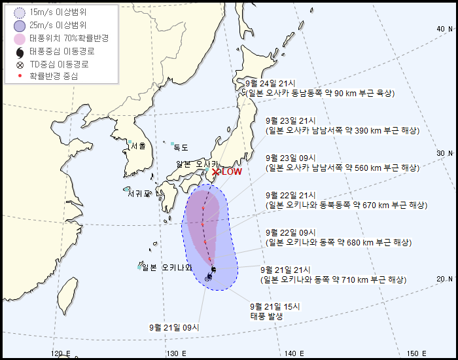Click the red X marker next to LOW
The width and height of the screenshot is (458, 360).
click(x=215, y=171)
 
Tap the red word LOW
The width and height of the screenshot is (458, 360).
click(x=232, y=171)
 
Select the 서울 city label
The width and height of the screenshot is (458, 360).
click(x=138, y=146)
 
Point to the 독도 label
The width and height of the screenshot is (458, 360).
click(x=181, y=148)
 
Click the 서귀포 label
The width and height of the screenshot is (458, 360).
click(x=139, y=194)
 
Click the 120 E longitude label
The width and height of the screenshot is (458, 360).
click(x=60, y=353)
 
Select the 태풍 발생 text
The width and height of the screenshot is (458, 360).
click(x=267, y=315)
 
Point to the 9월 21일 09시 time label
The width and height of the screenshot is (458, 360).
click(x=174, y=327)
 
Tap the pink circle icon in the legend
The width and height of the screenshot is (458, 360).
click(x=19, y=38)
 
